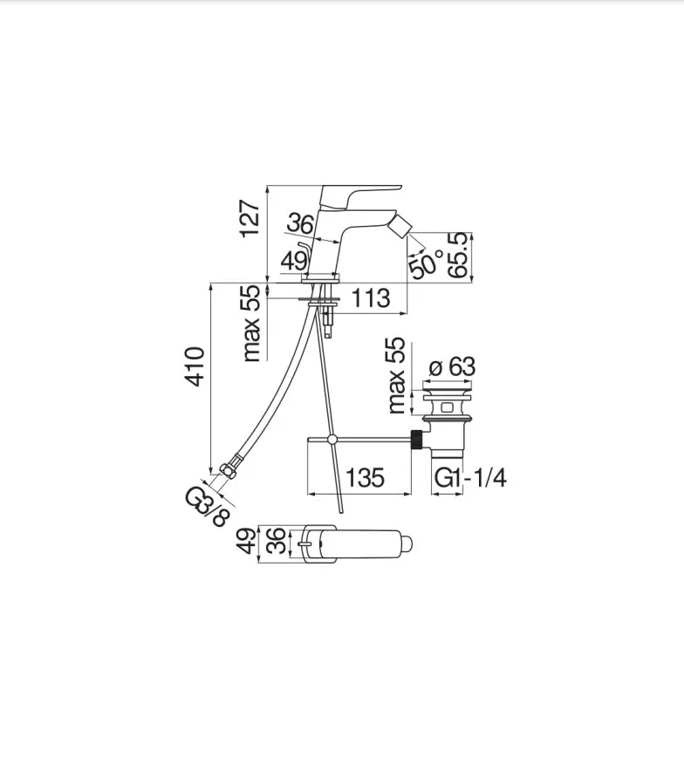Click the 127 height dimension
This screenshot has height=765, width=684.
click(251, 218)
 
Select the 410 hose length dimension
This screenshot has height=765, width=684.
click(195, 366)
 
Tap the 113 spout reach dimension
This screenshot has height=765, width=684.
click(371, 297)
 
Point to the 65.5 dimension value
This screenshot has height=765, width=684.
click(459, 256)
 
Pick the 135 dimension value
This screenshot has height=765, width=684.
click(365, 477)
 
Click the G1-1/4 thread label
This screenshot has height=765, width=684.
click(470, 478)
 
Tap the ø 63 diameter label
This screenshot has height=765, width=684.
click(451, 365)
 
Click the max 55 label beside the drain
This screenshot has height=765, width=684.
click(396, 375)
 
